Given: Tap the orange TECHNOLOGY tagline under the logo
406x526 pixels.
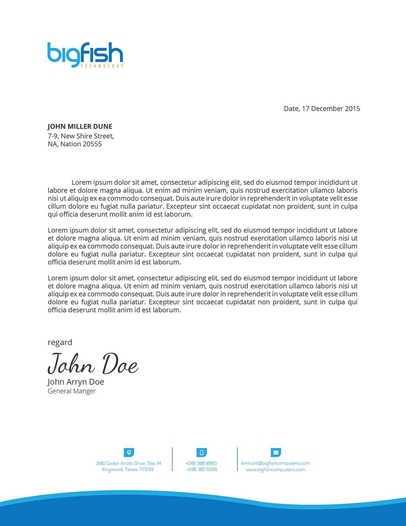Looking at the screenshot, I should [102, 66].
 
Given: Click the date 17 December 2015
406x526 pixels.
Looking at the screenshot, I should [331, 109].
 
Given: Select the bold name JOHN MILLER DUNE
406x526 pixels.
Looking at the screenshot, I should [80, 127].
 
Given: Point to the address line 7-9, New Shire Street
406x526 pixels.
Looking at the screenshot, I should [81, 136].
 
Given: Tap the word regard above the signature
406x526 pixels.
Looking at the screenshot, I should [60, 342].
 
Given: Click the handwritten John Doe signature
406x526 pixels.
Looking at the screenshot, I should [93, 364].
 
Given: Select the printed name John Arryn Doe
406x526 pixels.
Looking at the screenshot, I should [76, 382].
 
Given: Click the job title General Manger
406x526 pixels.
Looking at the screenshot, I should [71, 391].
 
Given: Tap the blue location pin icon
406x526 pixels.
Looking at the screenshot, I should [129, 452].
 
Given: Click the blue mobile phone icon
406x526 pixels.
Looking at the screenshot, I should [201, 452].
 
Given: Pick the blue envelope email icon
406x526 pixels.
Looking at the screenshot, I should [276, 452].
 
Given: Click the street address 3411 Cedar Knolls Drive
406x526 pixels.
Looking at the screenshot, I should [128, 463].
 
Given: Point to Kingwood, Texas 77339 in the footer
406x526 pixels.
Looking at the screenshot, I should [128, 470].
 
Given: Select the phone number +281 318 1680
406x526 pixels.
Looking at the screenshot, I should [201, 463].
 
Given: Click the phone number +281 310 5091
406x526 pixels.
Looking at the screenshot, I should [201, 470].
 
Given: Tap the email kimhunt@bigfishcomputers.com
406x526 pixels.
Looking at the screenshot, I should [275, 463].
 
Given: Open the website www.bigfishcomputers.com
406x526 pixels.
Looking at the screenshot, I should [275, 470].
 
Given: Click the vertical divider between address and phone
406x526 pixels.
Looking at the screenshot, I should [172, 459].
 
